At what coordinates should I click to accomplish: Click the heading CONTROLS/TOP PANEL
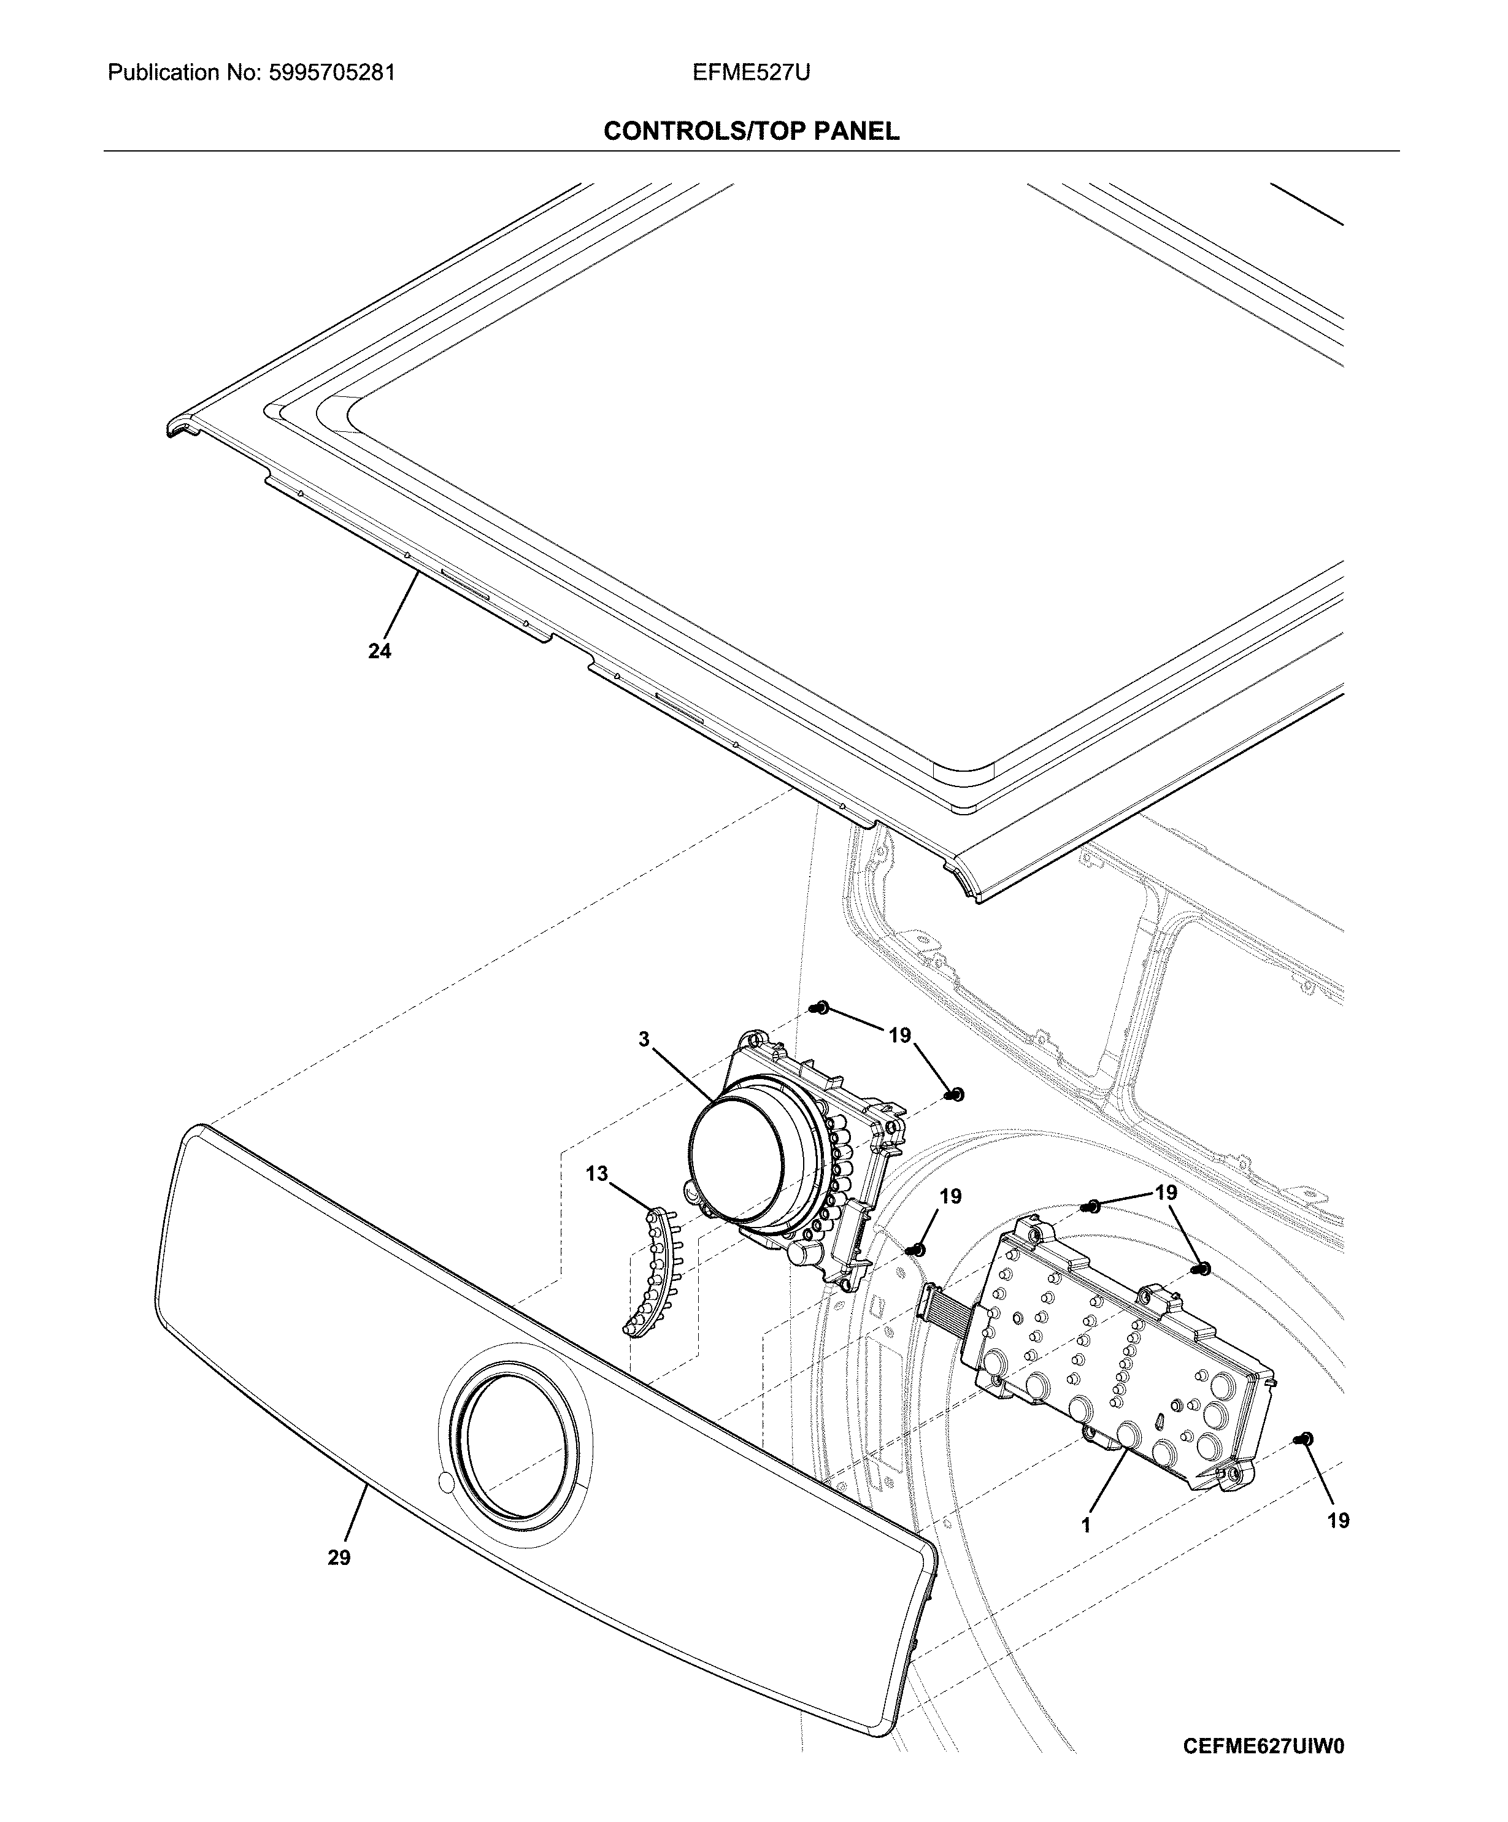coord(752,131)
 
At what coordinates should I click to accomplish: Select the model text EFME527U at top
coord(752,73)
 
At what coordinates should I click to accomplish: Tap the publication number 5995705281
coord(329,73)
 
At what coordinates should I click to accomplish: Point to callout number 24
coord(379,651)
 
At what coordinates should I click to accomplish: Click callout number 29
coord(339,1558)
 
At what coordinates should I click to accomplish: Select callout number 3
coord(644,1039)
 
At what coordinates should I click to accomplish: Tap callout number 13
coord(597,1174)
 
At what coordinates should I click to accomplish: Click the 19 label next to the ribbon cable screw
coord(951,1196)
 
